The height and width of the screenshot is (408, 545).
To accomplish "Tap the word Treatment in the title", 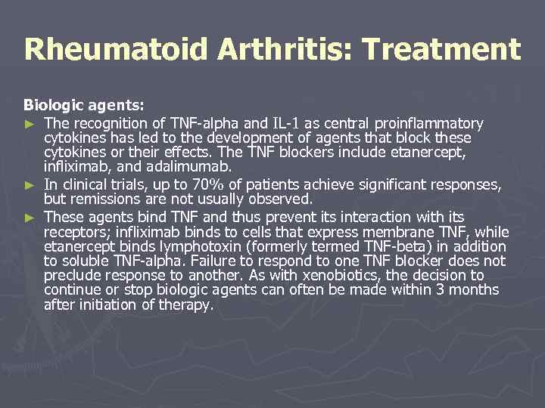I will point(441,50).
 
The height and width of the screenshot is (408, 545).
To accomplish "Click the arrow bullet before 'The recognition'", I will point(30,123).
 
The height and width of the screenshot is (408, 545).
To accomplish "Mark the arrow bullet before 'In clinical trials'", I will point(30,185).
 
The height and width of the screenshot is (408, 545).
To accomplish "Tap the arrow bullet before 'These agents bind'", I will point(30,216).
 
